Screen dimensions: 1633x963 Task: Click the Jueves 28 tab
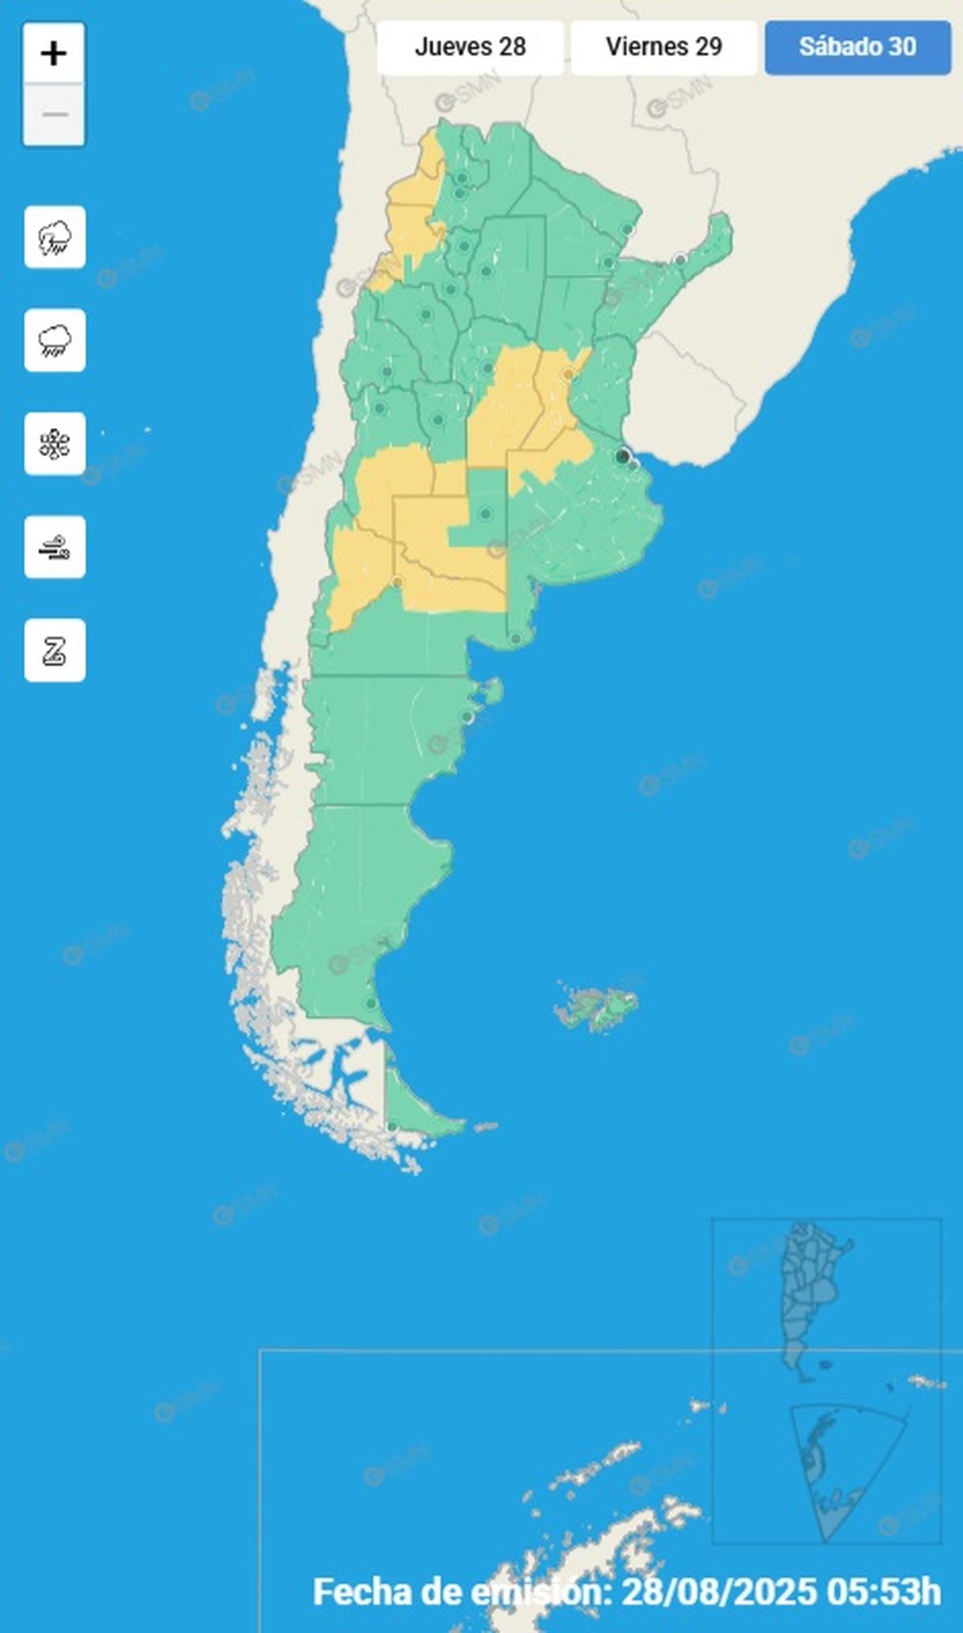[x=470, y=47]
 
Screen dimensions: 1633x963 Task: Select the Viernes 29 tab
[x=664, y=47]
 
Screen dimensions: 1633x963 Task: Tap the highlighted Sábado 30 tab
[x=857, y=47]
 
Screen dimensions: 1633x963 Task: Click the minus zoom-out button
[x=54, y=115]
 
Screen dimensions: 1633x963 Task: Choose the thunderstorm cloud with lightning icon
[x=55, y=237]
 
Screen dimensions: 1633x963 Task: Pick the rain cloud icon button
[x=55, y=340]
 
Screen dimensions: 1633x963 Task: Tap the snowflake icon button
[x=55, y=444]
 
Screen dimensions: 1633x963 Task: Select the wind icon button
[x=55, y=548]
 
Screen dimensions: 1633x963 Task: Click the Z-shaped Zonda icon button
[x=55, y=650]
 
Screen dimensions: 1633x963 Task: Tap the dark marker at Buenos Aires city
[x=622, y=457]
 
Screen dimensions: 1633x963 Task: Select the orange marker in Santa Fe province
[x=569, y=374]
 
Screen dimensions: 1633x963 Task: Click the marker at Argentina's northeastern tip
[x=681, y=259]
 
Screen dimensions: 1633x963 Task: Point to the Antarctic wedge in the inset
[x=835, y=1469]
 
